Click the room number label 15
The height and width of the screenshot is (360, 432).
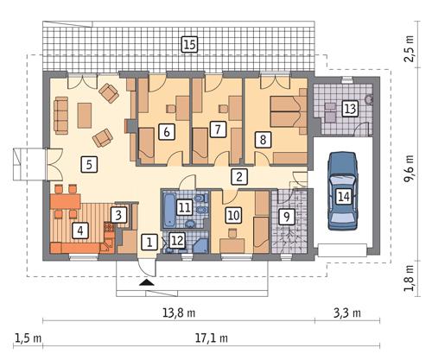coord(188,43)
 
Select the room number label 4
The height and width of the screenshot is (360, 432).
coord(80,230)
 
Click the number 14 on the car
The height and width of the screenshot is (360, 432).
coord(344,197)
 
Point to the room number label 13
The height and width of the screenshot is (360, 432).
coord(349,109)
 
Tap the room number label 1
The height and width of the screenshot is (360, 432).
coord(149,242)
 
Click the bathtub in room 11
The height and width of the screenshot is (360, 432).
coord(168,207)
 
